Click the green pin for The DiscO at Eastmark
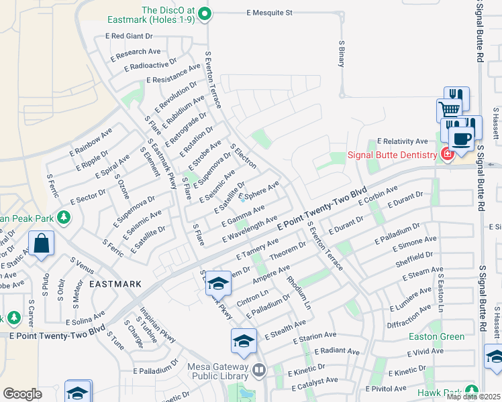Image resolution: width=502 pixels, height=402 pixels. (x=205, y=13)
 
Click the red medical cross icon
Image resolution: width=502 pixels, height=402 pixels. (x=447, y=155)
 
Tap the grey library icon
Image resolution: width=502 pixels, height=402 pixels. (x=260, y=368)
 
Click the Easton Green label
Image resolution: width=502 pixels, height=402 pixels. (x=436, y=336)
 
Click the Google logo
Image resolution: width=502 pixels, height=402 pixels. (x=22, y=393)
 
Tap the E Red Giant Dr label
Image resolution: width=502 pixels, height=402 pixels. (x=132, y=36)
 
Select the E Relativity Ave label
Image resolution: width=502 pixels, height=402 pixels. (x=402, y=141)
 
